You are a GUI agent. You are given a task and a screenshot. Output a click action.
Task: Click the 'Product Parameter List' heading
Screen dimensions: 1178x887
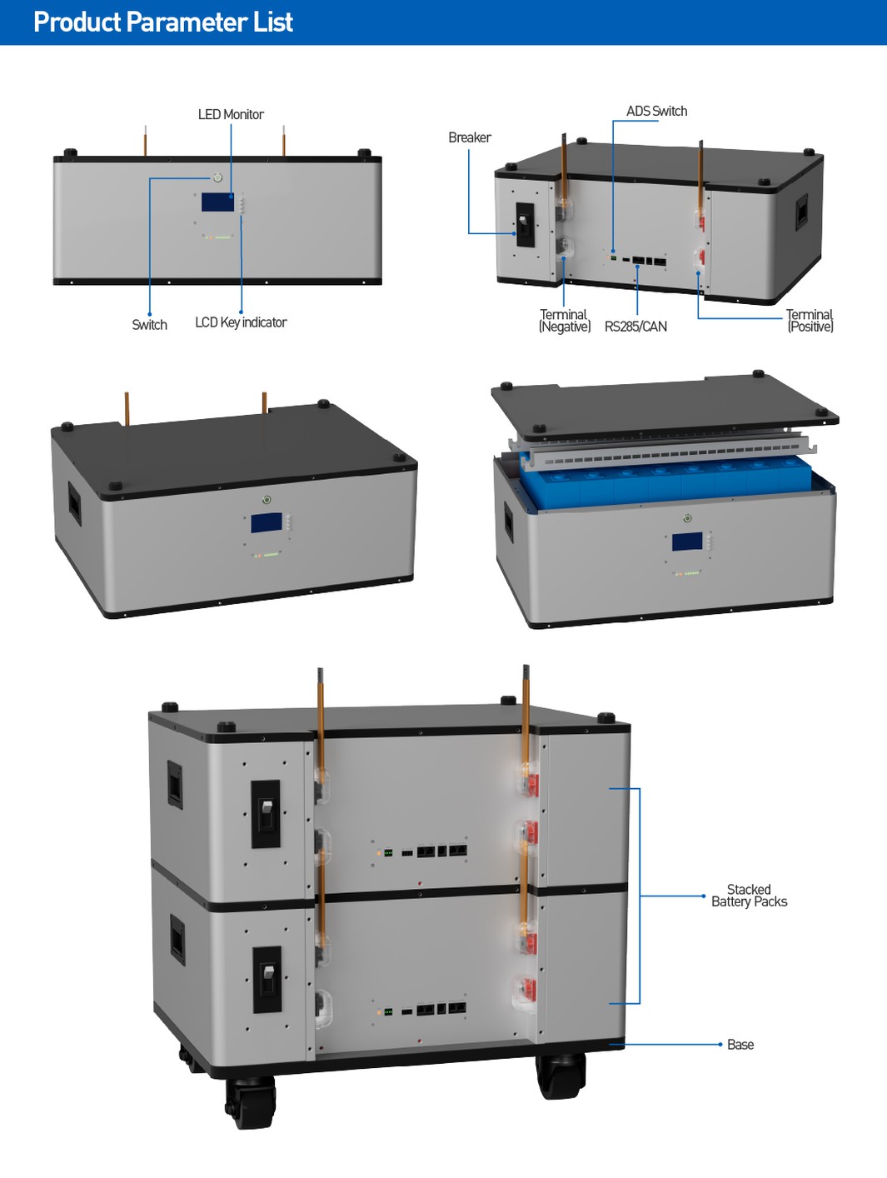pos(163,22)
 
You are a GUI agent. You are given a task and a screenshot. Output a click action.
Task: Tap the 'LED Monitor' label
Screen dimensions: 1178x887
pos(231,115)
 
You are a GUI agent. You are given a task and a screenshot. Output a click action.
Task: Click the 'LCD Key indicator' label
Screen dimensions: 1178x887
pos(241,322)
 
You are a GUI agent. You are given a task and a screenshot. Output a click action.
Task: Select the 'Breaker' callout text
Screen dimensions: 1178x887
pos(469,137)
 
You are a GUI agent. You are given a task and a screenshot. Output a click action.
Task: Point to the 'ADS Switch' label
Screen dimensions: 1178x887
pos(656,111)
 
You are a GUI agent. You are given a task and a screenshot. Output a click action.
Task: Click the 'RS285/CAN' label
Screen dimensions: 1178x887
pos(635,327)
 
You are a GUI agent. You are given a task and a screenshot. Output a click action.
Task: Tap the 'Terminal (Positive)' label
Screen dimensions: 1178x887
pos(810,321)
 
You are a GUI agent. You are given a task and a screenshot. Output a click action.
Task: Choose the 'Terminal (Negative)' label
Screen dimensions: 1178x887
pos(564,321)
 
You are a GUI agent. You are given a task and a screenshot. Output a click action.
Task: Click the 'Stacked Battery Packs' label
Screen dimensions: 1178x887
pos(749,896)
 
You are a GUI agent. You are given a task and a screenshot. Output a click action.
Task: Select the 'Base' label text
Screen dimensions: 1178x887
pos(740,1045)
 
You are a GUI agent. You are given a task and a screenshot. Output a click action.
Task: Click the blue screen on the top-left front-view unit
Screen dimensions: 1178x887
pos(217,202)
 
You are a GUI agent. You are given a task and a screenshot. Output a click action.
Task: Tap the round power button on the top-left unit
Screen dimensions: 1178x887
pos(217,177)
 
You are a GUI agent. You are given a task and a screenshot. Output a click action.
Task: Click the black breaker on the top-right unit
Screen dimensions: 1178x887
pos(525,224)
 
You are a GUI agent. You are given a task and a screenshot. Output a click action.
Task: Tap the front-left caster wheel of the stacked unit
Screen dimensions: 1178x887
pos(250,1101)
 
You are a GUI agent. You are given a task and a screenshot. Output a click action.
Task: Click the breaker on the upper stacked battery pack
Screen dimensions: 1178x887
pos(266,814)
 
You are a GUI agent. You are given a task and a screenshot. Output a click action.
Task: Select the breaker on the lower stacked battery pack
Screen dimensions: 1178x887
pos(267,980)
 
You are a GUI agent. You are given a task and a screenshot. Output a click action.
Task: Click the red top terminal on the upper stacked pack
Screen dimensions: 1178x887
pos(530,783)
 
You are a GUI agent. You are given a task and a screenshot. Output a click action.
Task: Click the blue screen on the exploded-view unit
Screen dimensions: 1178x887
pos(686,542)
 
